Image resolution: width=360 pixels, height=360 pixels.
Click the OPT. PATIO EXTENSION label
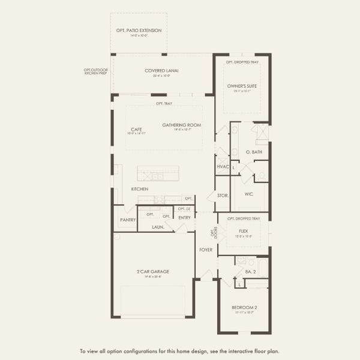(x=139, y=31)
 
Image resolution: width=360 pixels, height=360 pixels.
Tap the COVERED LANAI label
(x=162, y=70)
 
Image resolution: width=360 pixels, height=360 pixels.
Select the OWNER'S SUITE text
(x=242, y=86)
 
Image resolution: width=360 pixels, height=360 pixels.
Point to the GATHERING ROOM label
(x=181, y=125)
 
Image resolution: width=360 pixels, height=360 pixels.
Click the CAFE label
(x=136, y=129)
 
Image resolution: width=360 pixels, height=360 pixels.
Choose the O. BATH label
(x=254, y=152)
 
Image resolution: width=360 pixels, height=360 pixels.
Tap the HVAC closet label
(x=222, y=166)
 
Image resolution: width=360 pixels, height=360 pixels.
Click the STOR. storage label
(x=222, y=196)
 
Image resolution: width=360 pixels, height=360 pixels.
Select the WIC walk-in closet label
(x=248, y=194)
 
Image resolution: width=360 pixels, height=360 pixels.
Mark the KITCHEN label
(x=140, y=189)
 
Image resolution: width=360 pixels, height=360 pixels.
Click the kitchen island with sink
(x=158, y=174)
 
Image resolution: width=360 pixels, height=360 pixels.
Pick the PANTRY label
(x=128, y=220)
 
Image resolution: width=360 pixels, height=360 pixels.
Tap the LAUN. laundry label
(x=158, y=227)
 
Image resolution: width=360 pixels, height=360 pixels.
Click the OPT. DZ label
(x=184, y=209)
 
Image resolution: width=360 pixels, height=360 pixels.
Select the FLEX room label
(x=244, y=231)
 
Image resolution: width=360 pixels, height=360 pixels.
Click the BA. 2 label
(x=251, y=272)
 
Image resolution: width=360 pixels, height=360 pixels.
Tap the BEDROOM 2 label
(x=244, y=308)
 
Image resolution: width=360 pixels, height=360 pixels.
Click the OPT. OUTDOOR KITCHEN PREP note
(x=96, y=71)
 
